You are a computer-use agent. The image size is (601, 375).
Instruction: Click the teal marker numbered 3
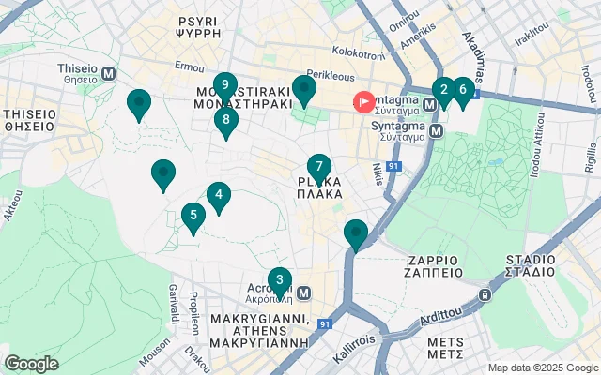(278, 279)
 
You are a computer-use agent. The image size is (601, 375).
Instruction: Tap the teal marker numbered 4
(219, 196)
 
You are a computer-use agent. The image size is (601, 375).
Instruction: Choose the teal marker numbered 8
(225, 119)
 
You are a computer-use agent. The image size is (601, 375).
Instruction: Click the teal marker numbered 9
(224, 86)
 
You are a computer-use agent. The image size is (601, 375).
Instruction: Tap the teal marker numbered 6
(461, 90)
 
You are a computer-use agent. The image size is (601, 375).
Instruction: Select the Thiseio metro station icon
(109, 73)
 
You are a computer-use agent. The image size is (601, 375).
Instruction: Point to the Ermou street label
(189, 67)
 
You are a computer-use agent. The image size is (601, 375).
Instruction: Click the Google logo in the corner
(31, 363)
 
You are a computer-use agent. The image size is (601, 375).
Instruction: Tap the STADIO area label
(531, 265)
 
